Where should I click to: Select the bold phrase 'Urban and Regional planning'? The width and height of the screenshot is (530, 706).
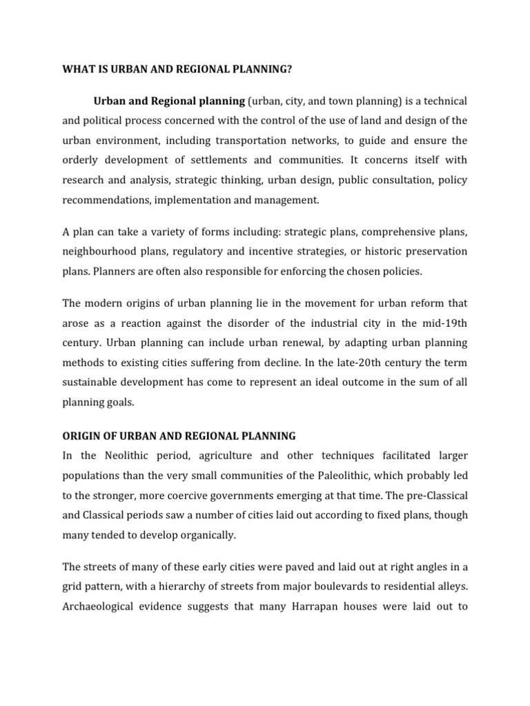pyautogui.click(x=169, y=101)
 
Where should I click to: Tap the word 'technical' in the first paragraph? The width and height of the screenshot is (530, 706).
pyautogui.click(x=442, y=101)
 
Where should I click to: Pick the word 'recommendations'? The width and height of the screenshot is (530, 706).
pyautogui.click(x=106, y=200)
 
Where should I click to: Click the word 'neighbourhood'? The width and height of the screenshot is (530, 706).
pyautogui.click(x=99, y=251)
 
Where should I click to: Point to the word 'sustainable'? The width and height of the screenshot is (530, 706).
pyautogui.click(x=90, y=382)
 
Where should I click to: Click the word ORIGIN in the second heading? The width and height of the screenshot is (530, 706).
pyautogui.click(x=81, y=436)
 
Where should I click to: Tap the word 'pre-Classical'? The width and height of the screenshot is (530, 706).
pyautogui.click(x=433, y=495)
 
